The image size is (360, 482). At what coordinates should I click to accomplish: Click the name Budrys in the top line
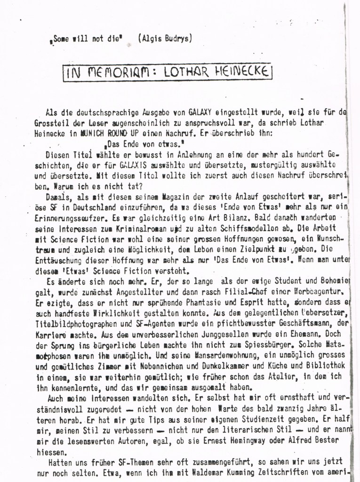(176, 39)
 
